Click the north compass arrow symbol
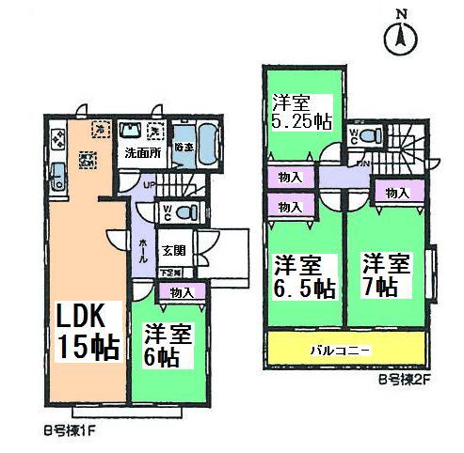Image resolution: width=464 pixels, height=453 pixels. pyautogui.click(x=402, y=39)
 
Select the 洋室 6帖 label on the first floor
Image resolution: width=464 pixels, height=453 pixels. pyautogui.click(x=167, y=345)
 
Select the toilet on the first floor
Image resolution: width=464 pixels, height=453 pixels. pyautogui.click(x=185, y=211)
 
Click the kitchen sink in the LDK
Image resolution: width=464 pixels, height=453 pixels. pyautogui.click(x=56, y=176)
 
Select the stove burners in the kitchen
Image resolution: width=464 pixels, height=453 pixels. pyautogui.click(x=57, y=140)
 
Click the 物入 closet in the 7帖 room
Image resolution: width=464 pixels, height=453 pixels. pyautogui.click(x=397, y=193)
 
